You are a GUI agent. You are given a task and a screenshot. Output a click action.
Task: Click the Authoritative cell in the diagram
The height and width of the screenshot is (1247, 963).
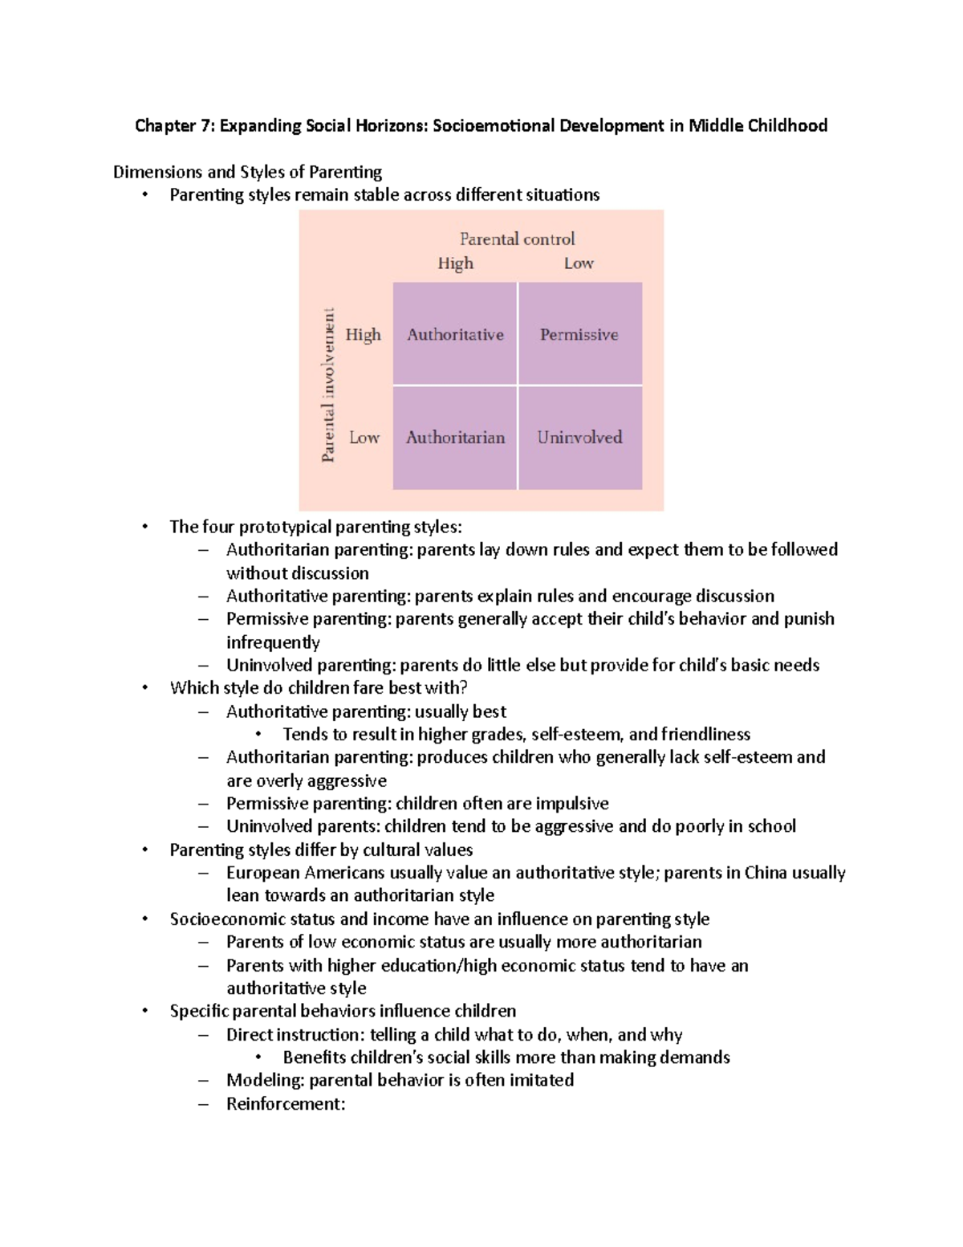(455, 334)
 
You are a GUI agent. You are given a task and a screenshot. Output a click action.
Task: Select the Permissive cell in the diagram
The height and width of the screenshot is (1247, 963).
(579, 334)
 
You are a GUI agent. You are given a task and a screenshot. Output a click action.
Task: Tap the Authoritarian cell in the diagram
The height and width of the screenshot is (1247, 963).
(455, 438)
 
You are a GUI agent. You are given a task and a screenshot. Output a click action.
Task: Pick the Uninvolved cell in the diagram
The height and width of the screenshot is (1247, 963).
(579, 438)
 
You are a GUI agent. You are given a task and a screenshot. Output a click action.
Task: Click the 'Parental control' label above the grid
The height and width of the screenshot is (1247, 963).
(517, 238)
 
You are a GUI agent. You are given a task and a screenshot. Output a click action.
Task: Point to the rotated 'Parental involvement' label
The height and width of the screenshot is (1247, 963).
(328, 385)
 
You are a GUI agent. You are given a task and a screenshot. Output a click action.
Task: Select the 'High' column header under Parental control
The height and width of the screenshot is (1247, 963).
(455, 263)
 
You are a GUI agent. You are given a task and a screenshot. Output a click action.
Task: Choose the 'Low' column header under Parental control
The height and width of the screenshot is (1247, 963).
(579, 263)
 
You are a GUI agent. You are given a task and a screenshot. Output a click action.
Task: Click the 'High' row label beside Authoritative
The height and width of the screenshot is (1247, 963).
(363, 335)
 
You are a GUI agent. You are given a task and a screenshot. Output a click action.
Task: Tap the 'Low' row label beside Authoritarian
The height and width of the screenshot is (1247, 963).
(364, 438)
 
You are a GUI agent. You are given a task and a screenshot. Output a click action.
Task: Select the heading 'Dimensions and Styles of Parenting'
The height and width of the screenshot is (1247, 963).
(247, 172)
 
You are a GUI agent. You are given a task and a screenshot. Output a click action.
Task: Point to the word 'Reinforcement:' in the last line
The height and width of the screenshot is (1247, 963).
(286, 1103)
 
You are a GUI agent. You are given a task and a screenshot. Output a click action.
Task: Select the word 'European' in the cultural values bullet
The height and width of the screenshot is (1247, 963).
(262, 873)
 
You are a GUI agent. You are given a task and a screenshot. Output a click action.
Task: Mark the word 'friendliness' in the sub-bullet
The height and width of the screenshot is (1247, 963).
(705, 734)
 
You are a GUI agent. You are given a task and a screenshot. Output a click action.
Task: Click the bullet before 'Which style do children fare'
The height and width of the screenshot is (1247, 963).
(144, 687)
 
